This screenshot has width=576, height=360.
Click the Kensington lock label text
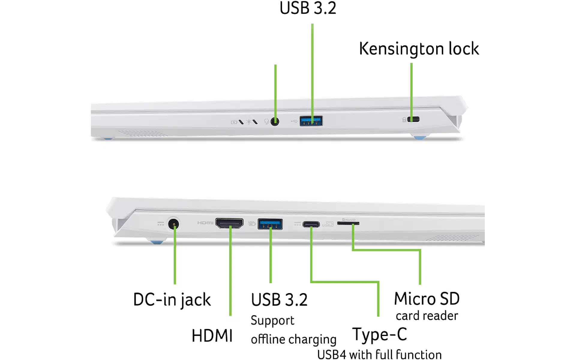pos(419,49)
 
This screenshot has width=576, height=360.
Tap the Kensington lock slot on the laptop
pos(414,119)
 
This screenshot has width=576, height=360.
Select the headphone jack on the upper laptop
pos(275,121)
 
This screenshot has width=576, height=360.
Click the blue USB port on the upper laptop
pos(311,121)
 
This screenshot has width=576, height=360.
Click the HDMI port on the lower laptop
pos(229,223)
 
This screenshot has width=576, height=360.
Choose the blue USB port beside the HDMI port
pos(270,224)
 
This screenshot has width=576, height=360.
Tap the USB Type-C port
pos(311,224)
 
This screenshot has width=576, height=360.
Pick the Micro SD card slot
pos(348,223)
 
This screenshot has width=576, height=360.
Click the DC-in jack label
pos(172,300)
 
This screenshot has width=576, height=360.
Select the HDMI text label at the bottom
pos(212,336)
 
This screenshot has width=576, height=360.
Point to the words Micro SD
pos(427,299)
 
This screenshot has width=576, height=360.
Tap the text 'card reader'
pos(427,316)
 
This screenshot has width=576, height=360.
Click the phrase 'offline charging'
pos(293,339)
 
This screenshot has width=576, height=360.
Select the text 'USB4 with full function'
pos(379,354)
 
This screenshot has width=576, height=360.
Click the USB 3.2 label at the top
pos(308,8)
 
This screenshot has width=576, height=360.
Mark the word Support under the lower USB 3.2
pos(272,321)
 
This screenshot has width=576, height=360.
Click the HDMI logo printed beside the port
pos(205,223)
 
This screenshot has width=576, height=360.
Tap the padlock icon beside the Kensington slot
pos(404,120)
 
